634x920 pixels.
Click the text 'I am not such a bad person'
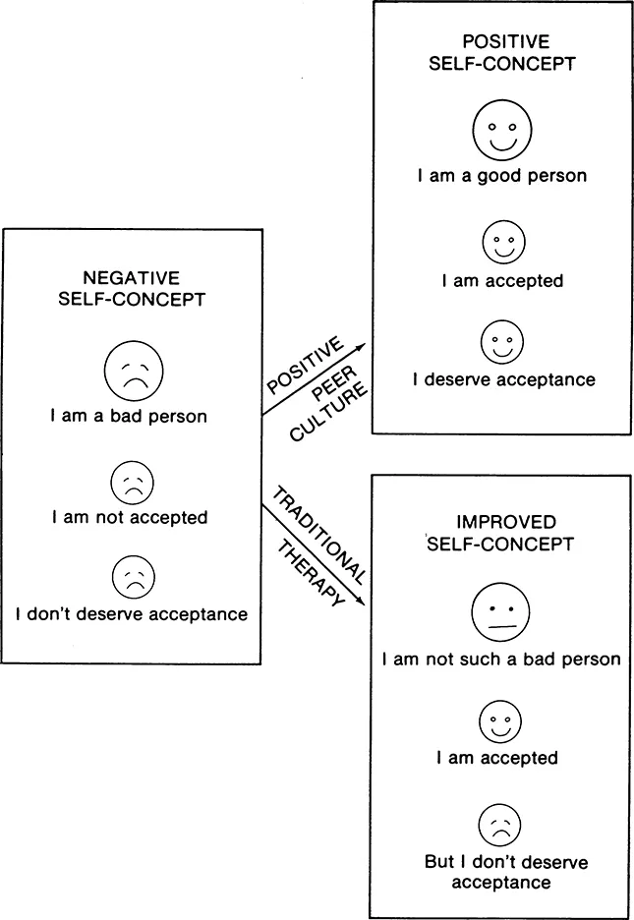coord(501,659)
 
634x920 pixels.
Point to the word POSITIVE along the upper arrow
coord(303,366)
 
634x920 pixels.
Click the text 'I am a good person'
coord(501,177)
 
